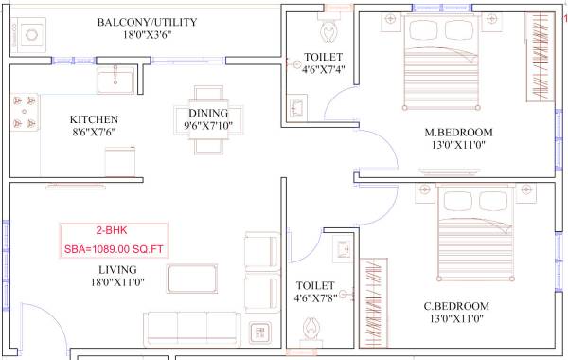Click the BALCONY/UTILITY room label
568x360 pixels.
pyautogui.click(x=147, y=22)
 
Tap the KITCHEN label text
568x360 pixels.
pyautogui.click(x=94, y=119)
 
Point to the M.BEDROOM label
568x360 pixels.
pyautogui.click(x=459, y=132)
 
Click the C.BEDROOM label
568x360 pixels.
pyautogui.click(x=456, y=306)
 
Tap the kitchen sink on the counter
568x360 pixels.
pyautogui.click(x=119, y=79)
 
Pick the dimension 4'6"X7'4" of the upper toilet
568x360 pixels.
pyautogui.click(x=324, y=69)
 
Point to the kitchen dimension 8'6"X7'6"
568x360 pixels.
pyautogui.click(x=94, y=134)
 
